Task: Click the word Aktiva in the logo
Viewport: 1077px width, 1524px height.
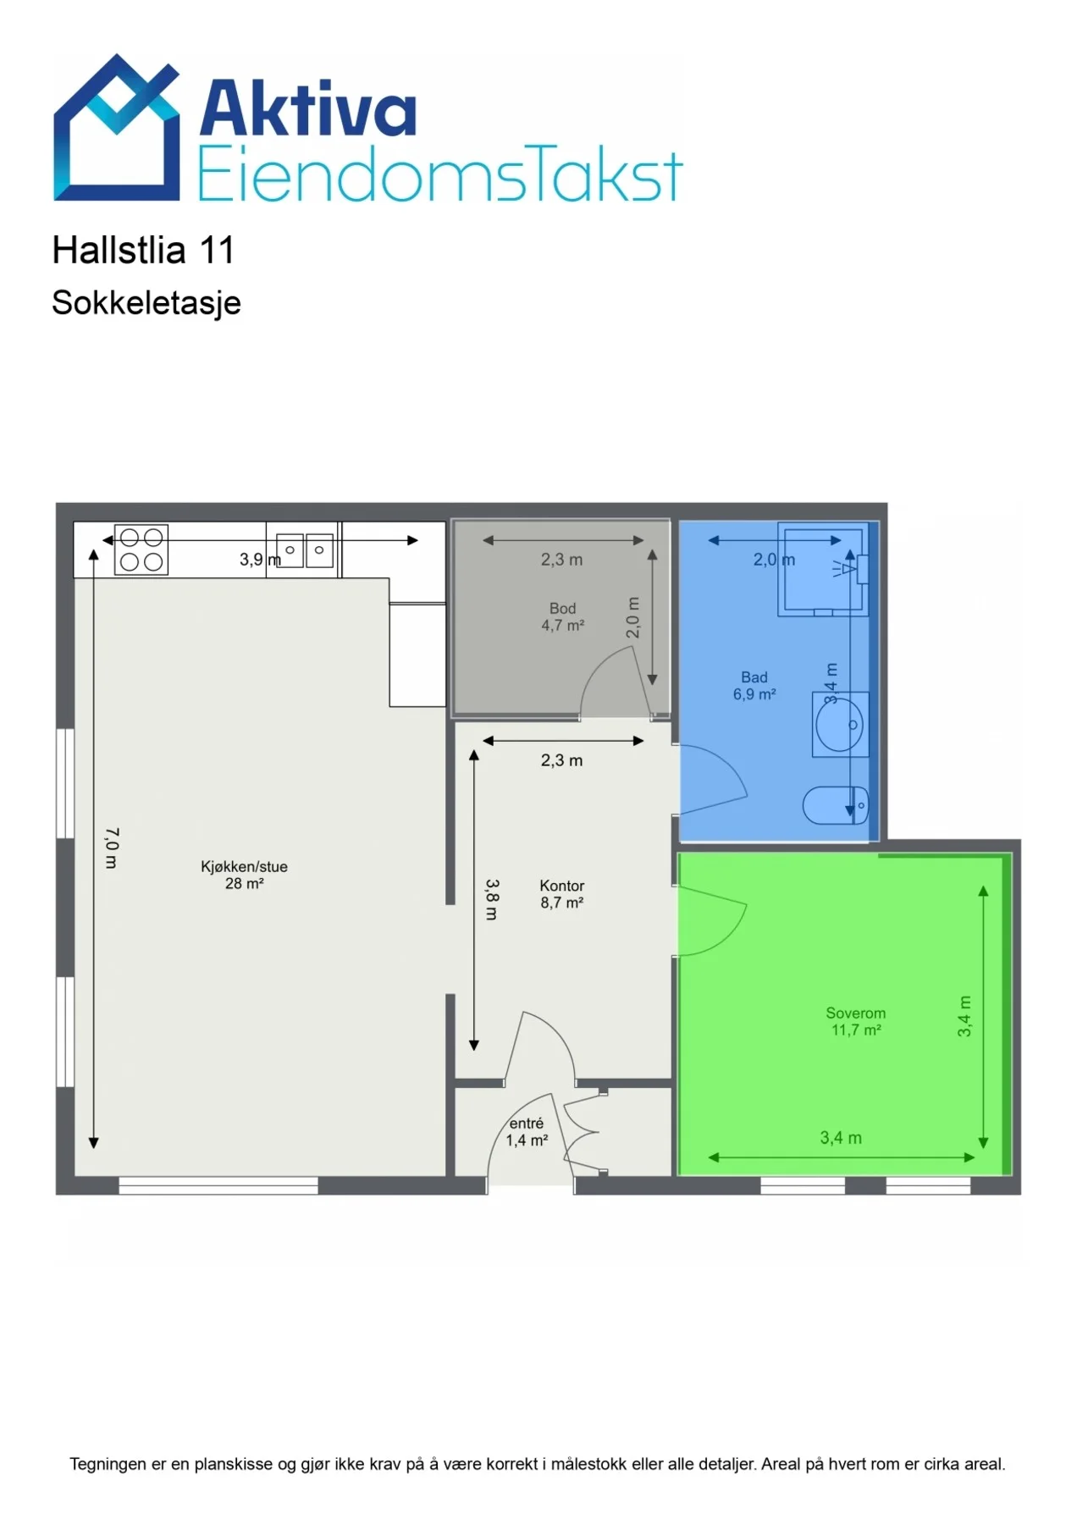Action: (x=308, y=108)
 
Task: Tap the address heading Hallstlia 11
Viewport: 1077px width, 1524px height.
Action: (x=143, y=250)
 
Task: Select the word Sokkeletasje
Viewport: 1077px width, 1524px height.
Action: (x=146, y=303)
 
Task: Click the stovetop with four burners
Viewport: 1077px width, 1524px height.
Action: (x=141, y=550)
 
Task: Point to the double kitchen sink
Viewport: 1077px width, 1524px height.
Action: (x=305, y=550)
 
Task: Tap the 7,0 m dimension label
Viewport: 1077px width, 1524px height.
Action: (x=112, y=848)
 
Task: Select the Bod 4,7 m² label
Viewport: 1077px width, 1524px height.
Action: (x=563, y=616)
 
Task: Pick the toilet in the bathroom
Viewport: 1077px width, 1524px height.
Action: (x=835, y=805)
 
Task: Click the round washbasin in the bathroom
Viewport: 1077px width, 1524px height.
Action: (x=840, y=725)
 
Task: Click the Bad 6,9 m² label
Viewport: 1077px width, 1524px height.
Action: (x=754, y=686)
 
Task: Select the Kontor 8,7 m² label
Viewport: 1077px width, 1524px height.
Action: (x=562, y=894)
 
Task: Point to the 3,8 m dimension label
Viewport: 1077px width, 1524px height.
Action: (x=492, y=899)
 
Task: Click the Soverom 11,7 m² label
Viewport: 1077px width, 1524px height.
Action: (x=856, y=1021)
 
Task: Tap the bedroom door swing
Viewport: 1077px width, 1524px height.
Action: (x=712, y=921)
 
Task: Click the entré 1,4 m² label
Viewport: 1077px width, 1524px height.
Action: (x=527, y=1132)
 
